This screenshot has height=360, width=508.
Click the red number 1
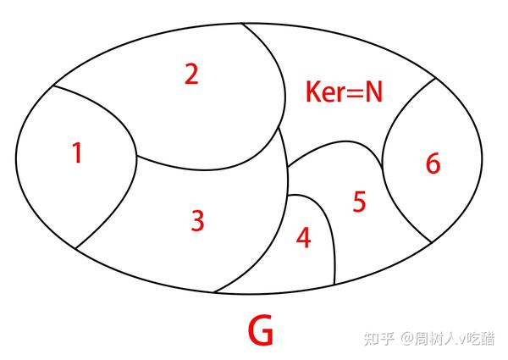(77, 153)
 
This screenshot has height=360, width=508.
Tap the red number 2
(191, 75)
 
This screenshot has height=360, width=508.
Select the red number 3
(197, 221)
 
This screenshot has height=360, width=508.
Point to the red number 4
(303, 239)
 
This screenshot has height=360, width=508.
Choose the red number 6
(433, 163)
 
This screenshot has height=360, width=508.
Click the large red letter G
(261, 332)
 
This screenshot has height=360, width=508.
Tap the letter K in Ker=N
(315, 91)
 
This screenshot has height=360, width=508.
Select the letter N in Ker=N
(373, 91)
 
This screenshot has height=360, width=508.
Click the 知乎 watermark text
(378, 338)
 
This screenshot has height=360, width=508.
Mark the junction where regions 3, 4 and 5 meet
(288, 196)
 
